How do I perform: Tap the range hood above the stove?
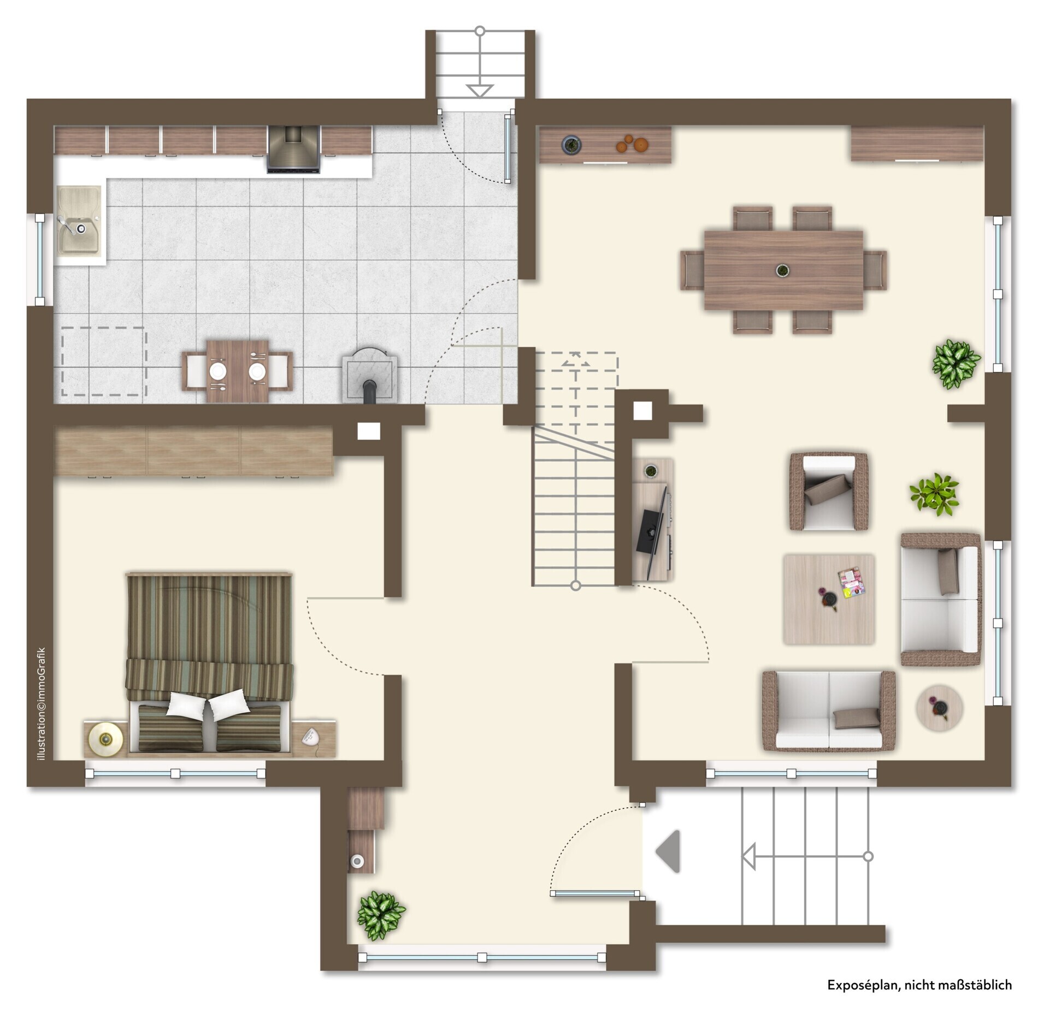pyautogui.click(x=293, y=149)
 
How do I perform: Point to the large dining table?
pyautogui.click(x=783, y=270)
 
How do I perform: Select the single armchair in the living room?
pyautogui.click(x=829, y=491)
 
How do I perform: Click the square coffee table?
pyautogui.click(x=829, y=599)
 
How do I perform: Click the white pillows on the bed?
pyautogui.click(x=208, y=704)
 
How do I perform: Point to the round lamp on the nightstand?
pyautogui.click(x=106, y=739)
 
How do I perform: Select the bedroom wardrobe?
pyautogui.click(x=194, y=451)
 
